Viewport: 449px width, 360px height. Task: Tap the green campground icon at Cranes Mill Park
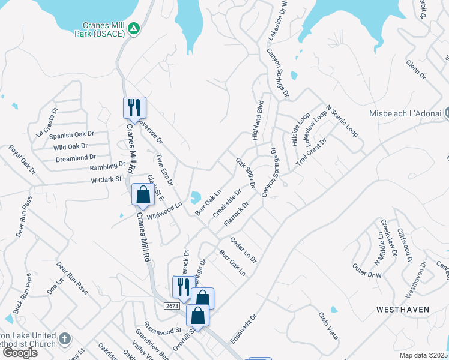[x=135, y=28]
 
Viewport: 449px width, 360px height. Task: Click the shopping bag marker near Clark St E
[x=143, y=194]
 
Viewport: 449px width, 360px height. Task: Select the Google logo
[x=20, y=352]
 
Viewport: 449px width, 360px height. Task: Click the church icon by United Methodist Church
[x=65, y=340]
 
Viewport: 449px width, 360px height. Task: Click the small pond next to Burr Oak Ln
[x=196, y=197]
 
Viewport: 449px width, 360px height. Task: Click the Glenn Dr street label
[x=415, y=70]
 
